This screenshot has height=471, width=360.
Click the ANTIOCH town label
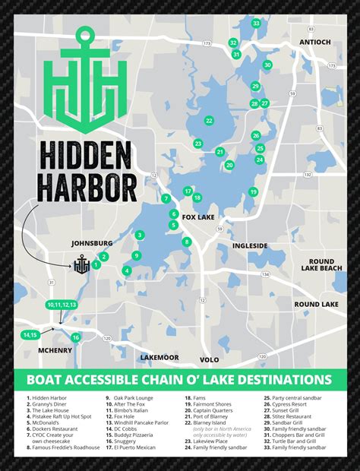pos(315,42)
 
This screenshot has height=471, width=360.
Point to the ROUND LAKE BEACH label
pos(321,264)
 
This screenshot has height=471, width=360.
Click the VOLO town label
pos(210,359)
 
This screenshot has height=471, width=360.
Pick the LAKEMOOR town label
pos(159,357)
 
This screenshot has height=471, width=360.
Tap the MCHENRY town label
pos(55,350)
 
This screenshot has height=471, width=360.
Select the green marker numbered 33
pos(257,24)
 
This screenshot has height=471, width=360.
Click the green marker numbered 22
pos(209,121)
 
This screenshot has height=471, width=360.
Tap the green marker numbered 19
pos(253,191)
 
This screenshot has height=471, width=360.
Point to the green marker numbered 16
pos(75,337)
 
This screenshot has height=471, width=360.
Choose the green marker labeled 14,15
pos(30,335)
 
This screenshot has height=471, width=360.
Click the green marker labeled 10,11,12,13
pos(62,305)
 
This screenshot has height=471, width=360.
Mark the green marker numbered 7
pos(166,198)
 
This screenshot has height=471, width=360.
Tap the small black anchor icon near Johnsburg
pos(81,266)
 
